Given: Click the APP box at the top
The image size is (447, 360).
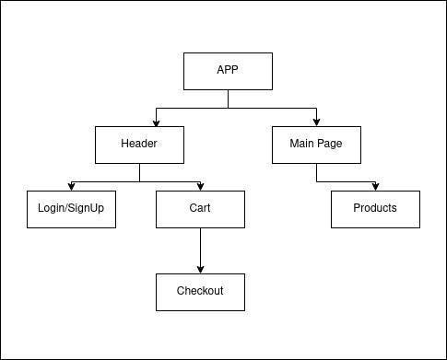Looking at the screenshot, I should pyautogui.click(x=228, y=70).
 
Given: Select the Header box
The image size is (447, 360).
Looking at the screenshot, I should pyautogui.click(x=139, y=145).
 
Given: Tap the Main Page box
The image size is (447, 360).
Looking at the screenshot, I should pyautogui.click(x=317, y=145).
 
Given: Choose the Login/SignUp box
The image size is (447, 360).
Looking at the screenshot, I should pyautogui.click(x=71, y=208).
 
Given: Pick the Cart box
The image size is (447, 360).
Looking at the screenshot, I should pyautogui.click(x=200, y=208).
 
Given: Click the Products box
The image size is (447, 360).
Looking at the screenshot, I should pyautogui.click(x=375, y=208).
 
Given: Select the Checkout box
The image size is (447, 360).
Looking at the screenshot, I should pyautogui.click(x=200, y=291).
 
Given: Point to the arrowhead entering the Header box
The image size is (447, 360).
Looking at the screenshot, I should pyautogui.click(x=156, y=122).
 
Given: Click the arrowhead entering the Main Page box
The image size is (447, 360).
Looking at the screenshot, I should pyautogui.click(x=317, y=122).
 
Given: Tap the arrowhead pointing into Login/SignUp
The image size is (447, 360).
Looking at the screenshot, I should pyautogui.click(x=71, y=186).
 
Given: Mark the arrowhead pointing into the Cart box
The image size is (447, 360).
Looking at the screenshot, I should pyautogui.click(x=200, y=186).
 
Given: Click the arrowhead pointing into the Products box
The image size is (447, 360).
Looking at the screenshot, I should pyautogui.click(x=375, y=186).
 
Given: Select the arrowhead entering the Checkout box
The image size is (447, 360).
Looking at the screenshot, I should pyautogui.click(x=200, y=269).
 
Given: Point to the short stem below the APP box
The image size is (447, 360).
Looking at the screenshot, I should pyautogui.click(x=228, y=99).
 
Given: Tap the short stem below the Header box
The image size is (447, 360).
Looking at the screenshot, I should pyautogui.click(x=139, y=172).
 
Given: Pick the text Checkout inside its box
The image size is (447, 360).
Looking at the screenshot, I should pyautogui.click(x=200, y=291).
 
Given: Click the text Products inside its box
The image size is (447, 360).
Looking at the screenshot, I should pyautogui.click(x=375, y=208).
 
